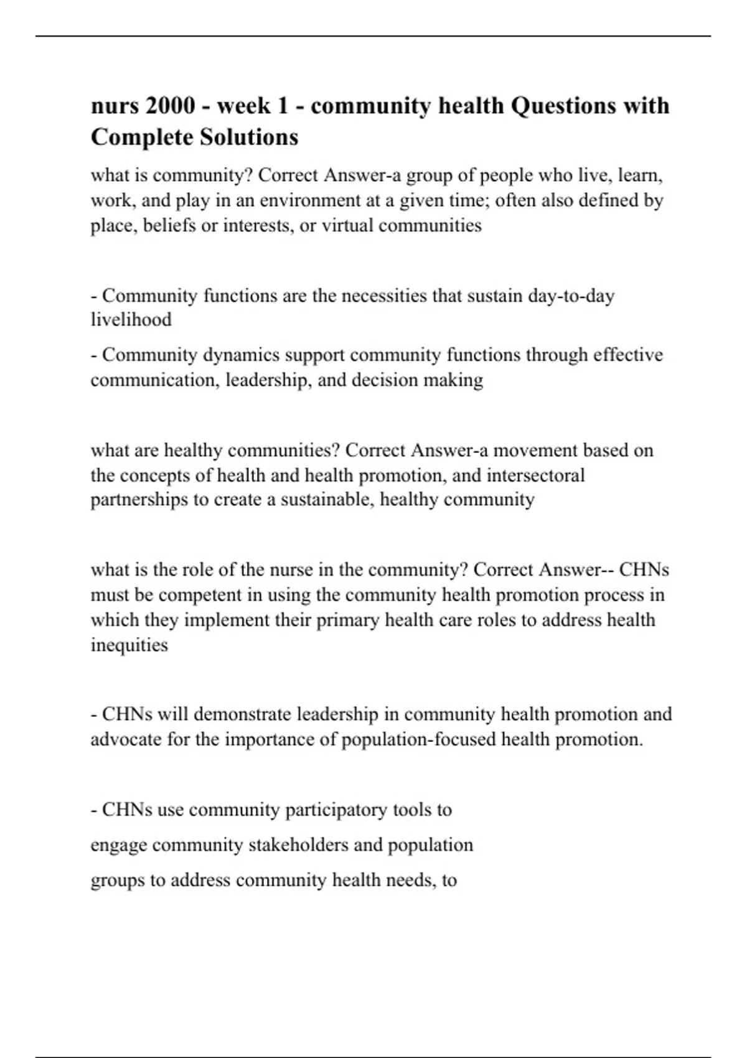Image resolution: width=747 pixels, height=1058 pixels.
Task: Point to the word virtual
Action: [x=347, y=225]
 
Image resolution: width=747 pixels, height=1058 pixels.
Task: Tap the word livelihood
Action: [x=131, y=320]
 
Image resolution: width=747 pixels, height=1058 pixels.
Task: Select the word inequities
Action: [x=129, y=645]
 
